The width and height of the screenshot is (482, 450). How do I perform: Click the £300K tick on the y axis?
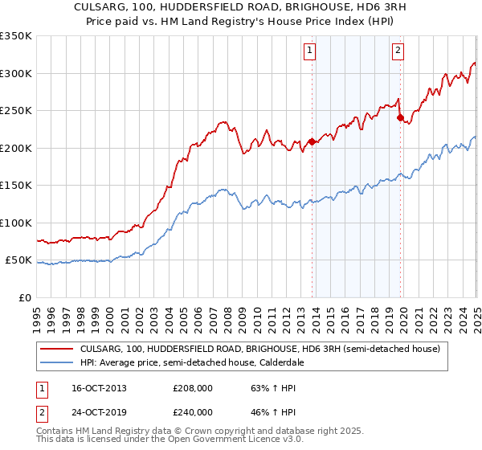pyautogui.click(x=15, y=73)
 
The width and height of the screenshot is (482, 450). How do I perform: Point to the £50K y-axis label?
pyautogui.click(x=18, y=260)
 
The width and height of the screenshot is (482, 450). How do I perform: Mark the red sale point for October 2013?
pyautogui.click(x=311, y=142)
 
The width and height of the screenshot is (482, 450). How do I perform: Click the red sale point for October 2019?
pyautogui.click(x=399, y=118)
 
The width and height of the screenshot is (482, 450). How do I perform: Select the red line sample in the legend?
pyautogui.click(x=57, y=350)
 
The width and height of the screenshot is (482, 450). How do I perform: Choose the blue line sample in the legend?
pyautogui.click(x=57, y=362)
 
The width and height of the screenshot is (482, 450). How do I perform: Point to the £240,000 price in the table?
pyautogui.click(x=193, y=411)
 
